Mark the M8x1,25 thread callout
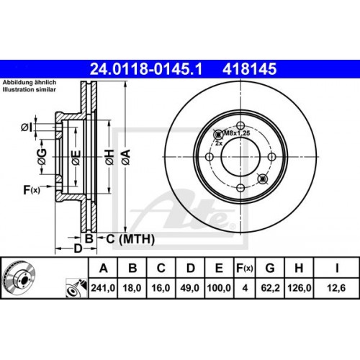click(235, 133)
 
